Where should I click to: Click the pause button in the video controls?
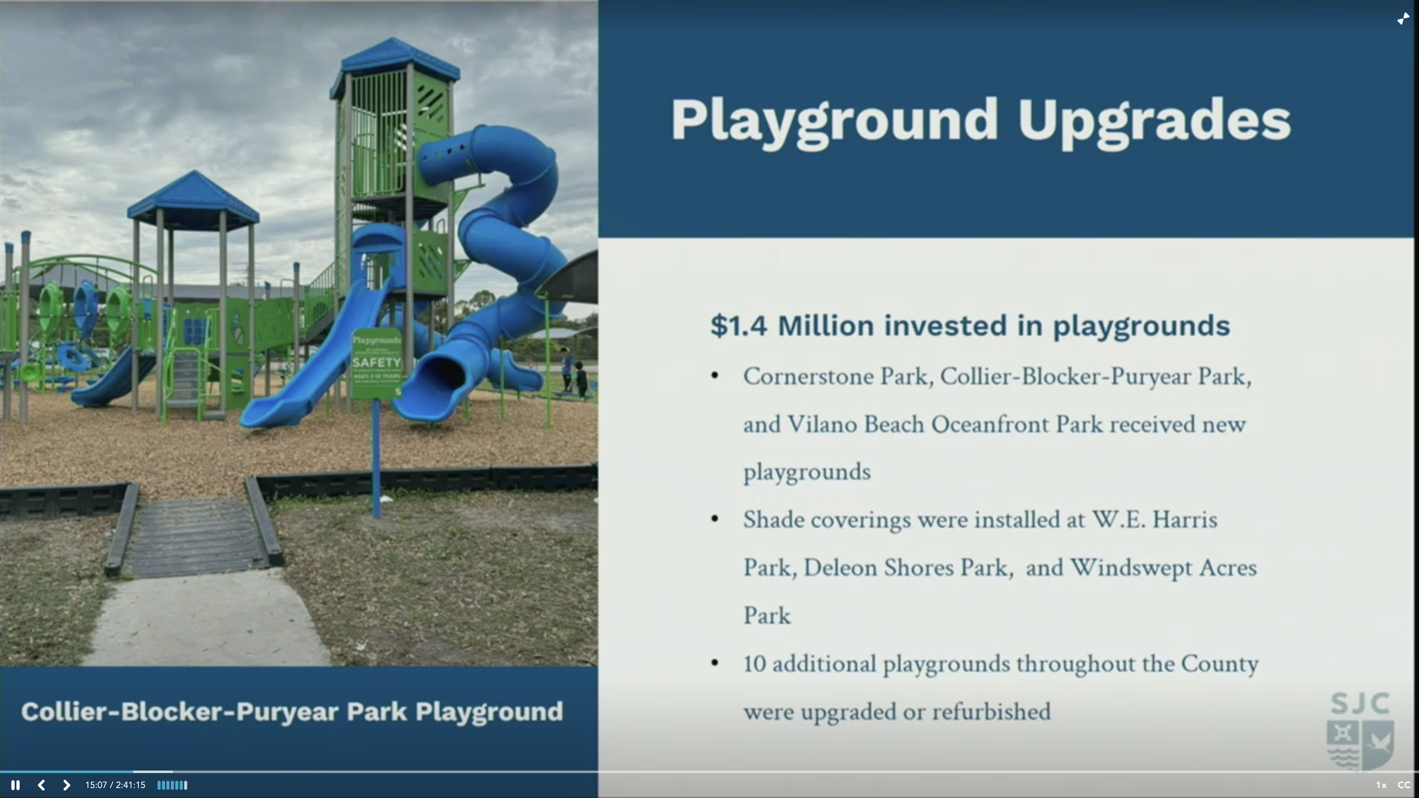point(16,785)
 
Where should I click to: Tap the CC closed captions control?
point(1403,785)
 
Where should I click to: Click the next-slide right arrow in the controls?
point(66,785)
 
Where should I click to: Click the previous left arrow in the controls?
point(41,785)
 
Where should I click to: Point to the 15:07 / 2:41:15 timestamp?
point(115,785)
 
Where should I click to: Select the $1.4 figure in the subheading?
point(738,326)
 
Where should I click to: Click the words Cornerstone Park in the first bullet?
point(837,377)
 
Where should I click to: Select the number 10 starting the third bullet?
point(755,664)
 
